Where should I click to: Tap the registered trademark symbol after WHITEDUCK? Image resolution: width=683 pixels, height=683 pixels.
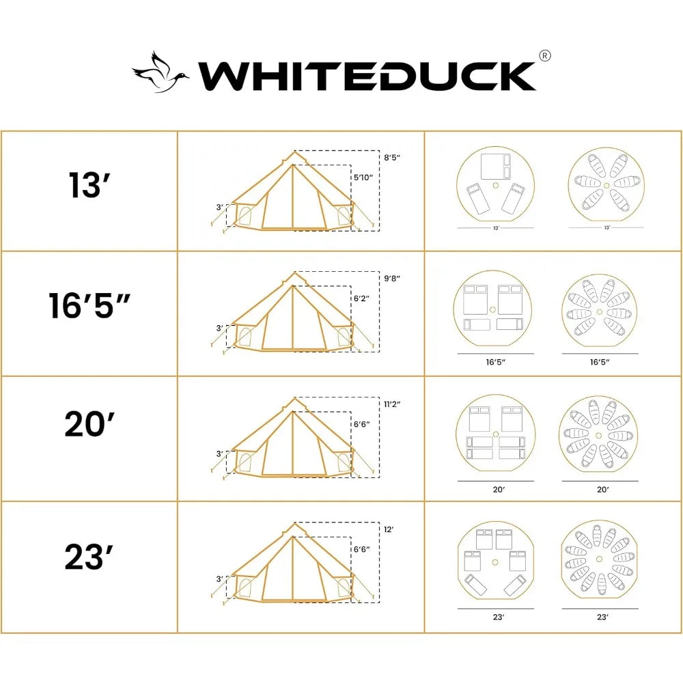(544, 57)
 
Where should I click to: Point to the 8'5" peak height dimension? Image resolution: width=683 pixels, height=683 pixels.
(391, 158)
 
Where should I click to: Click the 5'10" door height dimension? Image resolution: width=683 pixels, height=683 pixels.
(363, 177)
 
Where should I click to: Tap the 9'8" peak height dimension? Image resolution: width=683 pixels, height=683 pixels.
(391, 278)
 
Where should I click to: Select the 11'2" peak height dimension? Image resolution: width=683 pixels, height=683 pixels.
(391, 404)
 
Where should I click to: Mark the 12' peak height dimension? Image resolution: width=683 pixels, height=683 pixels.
(389, 529)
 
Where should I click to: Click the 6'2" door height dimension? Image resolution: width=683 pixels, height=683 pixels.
(362, 298)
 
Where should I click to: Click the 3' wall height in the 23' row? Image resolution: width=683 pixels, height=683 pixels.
(220, 579)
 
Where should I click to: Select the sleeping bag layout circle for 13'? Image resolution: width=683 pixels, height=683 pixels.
(606, 185)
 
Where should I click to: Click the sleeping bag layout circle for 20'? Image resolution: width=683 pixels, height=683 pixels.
(599, 434)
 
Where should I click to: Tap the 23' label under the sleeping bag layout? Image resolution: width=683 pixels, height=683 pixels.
(602, 617)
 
